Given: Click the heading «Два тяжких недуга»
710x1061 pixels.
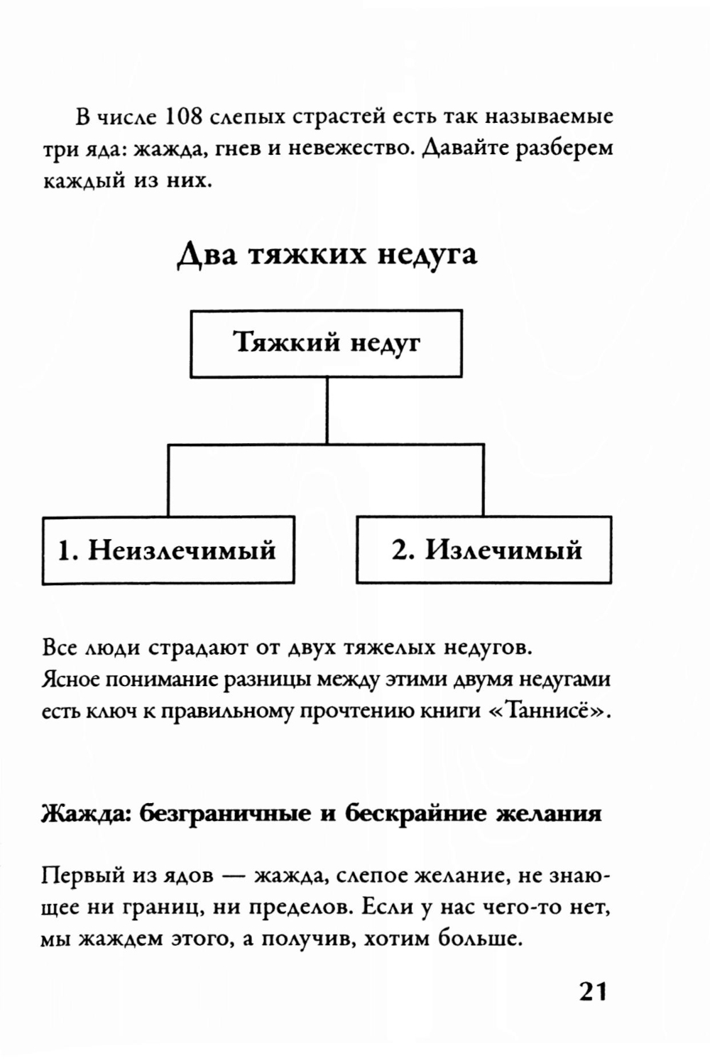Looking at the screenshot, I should point(327,254).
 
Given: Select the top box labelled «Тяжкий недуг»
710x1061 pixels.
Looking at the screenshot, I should point(326,343).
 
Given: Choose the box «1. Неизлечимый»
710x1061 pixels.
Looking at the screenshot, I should point(168,550).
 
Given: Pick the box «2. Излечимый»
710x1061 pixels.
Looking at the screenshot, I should point(484,550).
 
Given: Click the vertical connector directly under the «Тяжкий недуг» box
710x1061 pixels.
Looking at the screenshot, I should point(327,410).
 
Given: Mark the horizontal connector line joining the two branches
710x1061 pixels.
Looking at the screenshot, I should point(326,445).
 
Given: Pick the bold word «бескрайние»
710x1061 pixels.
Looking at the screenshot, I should point(413,813).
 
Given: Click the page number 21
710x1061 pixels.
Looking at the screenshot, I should point(593,991).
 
